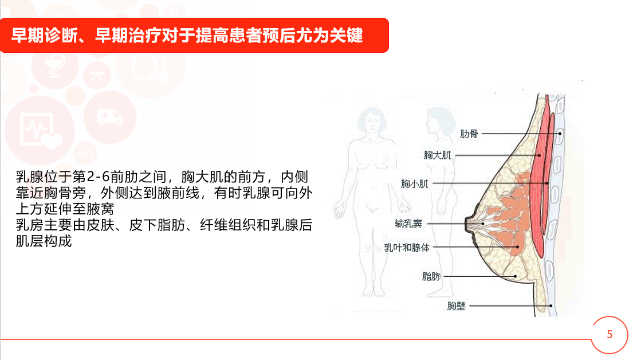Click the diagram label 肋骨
[469, 134]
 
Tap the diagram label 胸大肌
[437, 155]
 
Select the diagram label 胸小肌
[415, 183]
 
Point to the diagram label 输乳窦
[408, 224]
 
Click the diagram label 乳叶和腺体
[407, 248]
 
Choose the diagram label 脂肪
[431, 276]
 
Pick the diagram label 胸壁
[456, 306]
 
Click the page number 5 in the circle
[609, 335]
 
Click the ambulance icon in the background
[110, 118]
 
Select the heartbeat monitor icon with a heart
[40, 131]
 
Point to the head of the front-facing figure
[372, 119]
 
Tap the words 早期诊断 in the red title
[45, 36]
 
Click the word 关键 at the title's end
[346, 36]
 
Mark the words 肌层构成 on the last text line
[44, 241]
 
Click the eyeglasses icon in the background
[85, 154]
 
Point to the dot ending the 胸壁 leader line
[551, 306]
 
